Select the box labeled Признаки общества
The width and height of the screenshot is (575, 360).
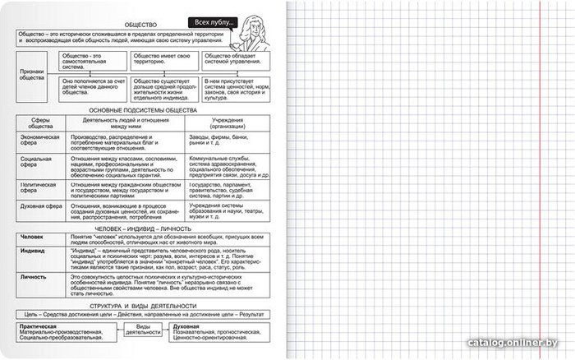click(34, 74)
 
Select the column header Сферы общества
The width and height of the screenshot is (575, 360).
click(40, 123)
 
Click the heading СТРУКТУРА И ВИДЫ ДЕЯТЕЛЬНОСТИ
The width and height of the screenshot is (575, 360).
click(146, 307)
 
